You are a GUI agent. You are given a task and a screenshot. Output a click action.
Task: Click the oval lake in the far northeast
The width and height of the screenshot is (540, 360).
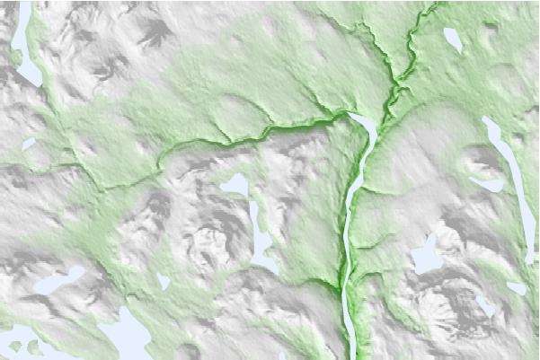[453, 40]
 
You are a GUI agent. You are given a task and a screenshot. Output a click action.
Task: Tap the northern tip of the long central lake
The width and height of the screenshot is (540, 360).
[354, 115]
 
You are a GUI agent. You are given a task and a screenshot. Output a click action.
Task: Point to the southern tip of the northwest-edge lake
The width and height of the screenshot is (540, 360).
[37, 84]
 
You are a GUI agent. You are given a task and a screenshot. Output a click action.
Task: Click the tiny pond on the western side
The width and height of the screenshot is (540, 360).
[29, 143]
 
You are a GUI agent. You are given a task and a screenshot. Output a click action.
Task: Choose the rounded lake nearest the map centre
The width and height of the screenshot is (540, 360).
[235, 185]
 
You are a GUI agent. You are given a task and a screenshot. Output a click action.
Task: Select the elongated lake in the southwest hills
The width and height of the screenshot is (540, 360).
[58, 281]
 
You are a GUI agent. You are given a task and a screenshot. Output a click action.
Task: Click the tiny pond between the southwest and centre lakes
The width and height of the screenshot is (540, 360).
[164, 282]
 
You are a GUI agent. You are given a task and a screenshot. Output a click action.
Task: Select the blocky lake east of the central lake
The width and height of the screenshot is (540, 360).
[424, 257]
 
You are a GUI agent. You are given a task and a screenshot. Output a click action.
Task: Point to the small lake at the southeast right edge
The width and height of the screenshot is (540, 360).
[516, 288]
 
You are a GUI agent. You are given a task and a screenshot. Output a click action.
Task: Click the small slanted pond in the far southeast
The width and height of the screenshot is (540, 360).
[485, 305]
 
